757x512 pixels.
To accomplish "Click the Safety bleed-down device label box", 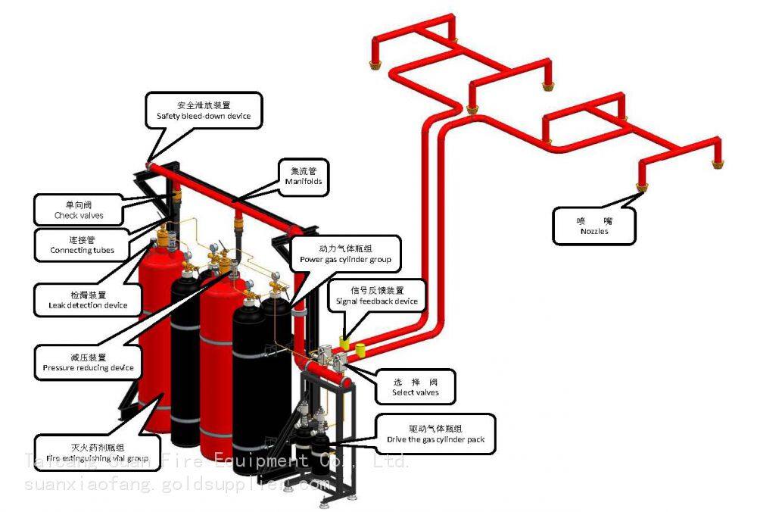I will coord(204,111).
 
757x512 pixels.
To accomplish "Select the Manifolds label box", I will coord(304,176).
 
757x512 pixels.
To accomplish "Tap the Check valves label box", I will coord(79,210).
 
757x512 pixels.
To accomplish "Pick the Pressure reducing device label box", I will coord(89,362).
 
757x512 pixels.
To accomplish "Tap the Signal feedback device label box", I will coord(377,295).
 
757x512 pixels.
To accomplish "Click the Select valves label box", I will coord(415,387).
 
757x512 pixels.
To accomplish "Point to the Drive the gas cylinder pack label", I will coord(435,434).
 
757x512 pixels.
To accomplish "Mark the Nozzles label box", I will coord(594,226).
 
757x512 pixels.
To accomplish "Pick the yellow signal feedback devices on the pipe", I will coord(353,345).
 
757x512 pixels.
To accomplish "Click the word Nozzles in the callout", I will coord(594,232).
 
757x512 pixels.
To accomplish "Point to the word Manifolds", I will coord(304,182).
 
